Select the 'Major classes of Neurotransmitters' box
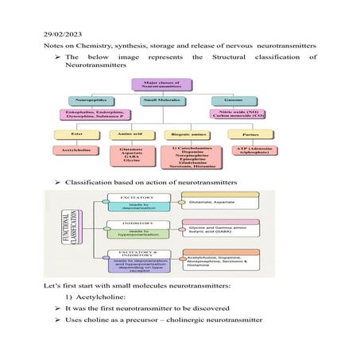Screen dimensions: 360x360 pyautogui.click(x=162, y=84)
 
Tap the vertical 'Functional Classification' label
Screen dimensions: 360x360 pyautogui.click(x=77, y=230)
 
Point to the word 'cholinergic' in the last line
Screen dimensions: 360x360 pyautogui.click(x=203, y=319)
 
